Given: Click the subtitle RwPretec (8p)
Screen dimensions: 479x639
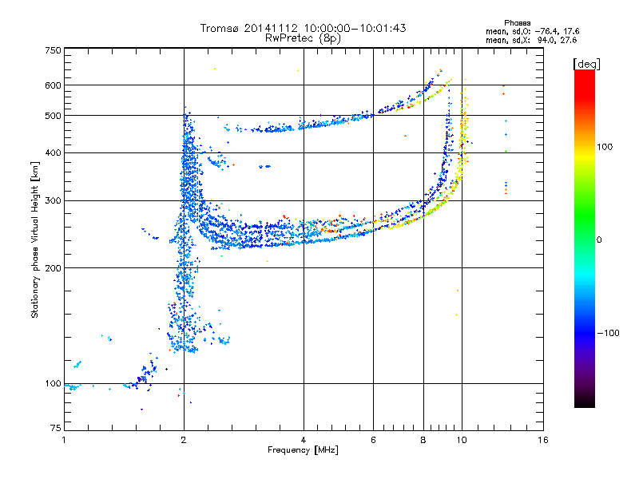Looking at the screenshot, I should point(303,38).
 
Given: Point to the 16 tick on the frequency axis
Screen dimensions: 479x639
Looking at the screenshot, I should point(542,440).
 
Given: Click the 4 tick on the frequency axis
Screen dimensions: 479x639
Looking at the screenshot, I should point(304,440).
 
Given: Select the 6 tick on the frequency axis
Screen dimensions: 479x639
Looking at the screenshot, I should point(373,440).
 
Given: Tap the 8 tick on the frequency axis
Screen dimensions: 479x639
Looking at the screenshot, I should point(423,440).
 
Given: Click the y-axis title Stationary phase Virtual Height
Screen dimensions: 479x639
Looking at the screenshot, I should point(35,239).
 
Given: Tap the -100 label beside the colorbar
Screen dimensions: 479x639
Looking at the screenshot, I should point(609,333).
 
